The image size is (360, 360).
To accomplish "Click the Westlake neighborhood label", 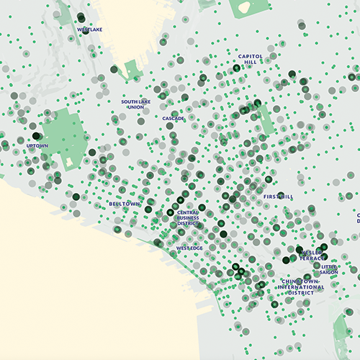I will pyautogui.click(x=89, y=30).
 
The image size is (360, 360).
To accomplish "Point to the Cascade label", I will pyautogui.click(x=173, y=118).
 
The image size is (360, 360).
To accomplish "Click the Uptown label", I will pyautogui.click(x=37, y=145).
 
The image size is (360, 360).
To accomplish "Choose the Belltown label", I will pyautogui.click(x=124, y=204).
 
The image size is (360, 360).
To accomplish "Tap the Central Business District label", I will pyautogui.click(x=188, y=217).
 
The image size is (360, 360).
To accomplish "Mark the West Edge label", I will pyautogui.click(x=189, y=248).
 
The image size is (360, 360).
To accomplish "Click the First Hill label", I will pyautogui.click(x=278, y=196).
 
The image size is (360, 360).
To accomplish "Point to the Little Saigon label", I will pyautogui.click(x=330, y=269).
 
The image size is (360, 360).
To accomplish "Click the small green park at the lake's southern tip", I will pyautogui.click(x=132, y=71).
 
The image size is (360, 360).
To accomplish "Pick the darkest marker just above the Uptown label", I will pyautogui.click(x=35, y=135).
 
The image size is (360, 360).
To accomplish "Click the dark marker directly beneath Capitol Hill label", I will pyautogui.click(x=236, y=68).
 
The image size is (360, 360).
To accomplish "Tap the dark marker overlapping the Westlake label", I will pyautogui.click(x=85, y=30).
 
